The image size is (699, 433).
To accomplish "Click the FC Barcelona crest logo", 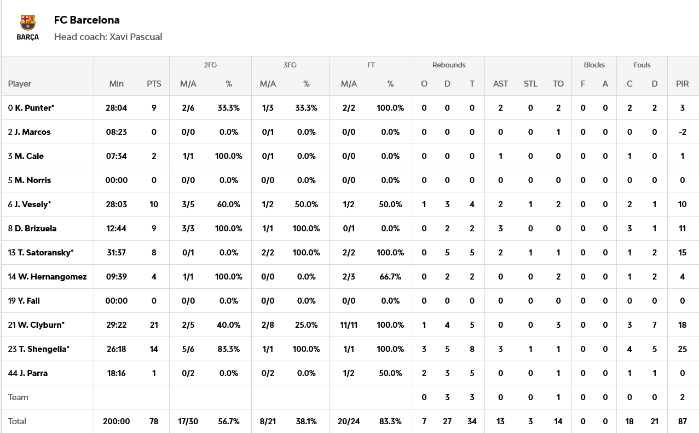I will [27, 22].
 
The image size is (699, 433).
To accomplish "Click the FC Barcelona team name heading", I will [86, 20].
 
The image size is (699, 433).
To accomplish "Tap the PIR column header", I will [682, 84].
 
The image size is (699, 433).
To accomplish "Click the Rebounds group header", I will [449, 65].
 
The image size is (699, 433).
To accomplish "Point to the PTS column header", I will [154, 84].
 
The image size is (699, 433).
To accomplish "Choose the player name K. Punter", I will [34, 108].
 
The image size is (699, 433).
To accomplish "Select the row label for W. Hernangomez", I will [52, 277].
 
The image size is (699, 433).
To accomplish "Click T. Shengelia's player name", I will [44, 349].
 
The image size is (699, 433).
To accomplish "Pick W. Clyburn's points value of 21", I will [154, 325].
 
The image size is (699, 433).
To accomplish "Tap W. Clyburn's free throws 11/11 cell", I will [349, 325].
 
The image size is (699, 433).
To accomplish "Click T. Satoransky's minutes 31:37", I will [116, 253].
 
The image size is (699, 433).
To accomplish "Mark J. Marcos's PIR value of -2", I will [682, 132].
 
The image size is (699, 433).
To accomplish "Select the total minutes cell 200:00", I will [116, 421].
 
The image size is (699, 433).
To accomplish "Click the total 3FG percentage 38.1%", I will [307, 421].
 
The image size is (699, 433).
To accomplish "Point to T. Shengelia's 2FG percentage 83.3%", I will [229, 349].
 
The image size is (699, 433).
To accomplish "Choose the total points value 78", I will [154, 421].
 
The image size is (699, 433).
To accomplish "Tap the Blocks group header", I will [594, 65].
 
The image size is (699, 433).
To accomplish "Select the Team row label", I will [18, 397].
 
